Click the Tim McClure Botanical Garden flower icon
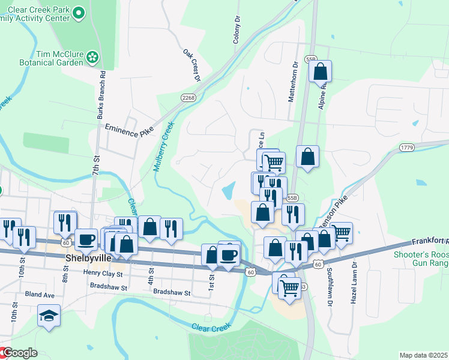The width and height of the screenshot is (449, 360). [92, 58]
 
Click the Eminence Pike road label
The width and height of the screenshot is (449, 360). [129, 128]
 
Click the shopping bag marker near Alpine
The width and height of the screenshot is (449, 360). [321, 72]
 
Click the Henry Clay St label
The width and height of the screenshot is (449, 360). [103, 274]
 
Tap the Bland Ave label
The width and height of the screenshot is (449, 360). [40, 295]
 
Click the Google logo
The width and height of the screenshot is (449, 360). [19, 353]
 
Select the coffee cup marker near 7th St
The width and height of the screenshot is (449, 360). [86, 239]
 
